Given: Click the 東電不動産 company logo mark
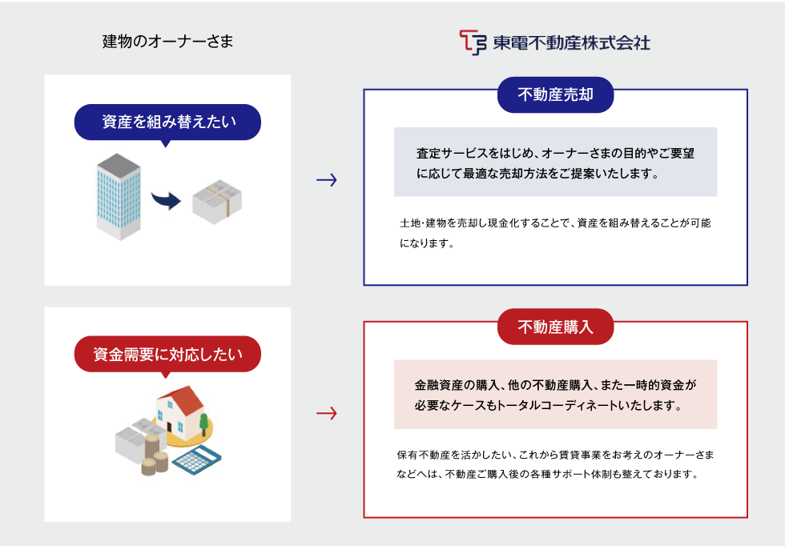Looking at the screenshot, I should pos(473,42).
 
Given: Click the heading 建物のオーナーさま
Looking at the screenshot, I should pos(168,42).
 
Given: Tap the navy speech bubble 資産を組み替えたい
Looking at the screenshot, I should pos(168,122).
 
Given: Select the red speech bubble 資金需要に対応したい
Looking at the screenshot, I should pos(168,353).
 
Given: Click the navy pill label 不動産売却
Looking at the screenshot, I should pos(555,95).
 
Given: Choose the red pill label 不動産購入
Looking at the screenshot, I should pos(555,327).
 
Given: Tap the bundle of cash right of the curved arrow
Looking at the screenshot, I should pos(216,200).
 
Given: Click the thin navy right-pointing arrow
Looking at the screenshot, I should pos(327,180).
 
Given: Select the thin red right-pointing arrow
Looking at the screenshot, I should pos(327,413).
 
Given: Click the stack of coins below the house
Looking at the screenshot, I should pos(155,463).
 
